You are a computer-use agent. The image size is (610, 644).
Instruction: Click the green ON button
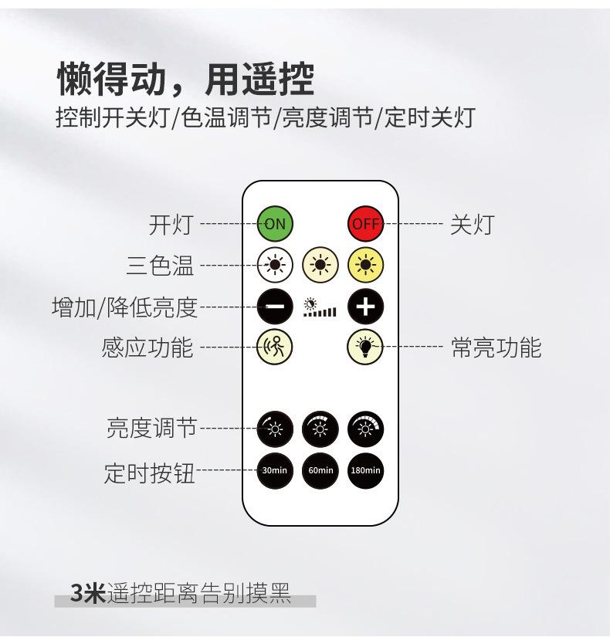pyautogui.click(x=275, y=224)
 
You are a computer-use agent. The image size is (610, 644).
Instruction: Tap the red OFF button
pyautogui.click(x=365, y=224)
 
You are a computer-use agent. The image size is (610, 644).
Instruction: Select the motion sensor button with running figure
pyautogui.click(x=275, y=347)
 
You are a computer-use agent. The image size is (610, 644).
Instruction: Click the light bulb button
pyautogui.click(x=365, y=347)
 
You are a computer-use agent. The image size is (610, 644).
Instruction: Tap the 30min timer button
pyautogui.click(x=275, y=469)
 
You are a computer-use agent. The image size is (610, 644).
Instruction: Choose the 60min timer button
pyautogui.click(x=320, y=469)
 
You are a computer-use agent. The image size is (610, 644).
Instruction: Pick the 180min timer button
pyautogui.click(x=365, y=469)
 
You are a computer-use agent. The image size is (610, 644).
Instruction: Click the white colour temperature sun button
pyautogui.click(x=275, y=265)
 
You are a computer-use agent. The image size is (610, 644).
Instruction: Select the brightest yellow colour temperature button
pyautogui.click(x=365, y=265)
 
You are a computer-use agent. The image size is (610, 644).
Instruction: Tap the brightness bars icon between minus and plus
pyautogui.click(x=320, y=307)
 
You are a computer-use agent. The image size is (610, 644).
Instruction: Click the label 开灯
pyautogui.click(x=171, y=225)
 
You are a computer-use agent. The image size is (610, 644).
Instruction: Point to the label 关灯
pyautogui.click(x=471, y=225)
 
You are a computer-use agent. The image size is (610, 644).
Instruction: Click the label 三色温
pyautogui.click(x=161, y=266)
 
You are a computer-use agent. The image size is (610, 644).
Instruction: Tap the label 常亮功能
pyautogui.click(x=496, y=347)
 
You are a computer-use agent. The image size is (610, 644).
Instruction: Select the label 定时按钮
pyautogui.click(x=150, y=472)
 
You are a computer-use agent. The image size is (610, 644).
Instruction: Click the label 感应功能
pyautogui.click(x=147, y=347)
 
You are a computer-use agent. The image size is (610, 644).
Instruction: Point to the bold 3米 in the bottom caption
pyautogui.click(x=87, y=592)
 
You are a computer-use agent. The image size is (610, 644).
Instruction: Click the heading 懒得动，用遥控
pyautogui.click(x=185, y=79)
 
